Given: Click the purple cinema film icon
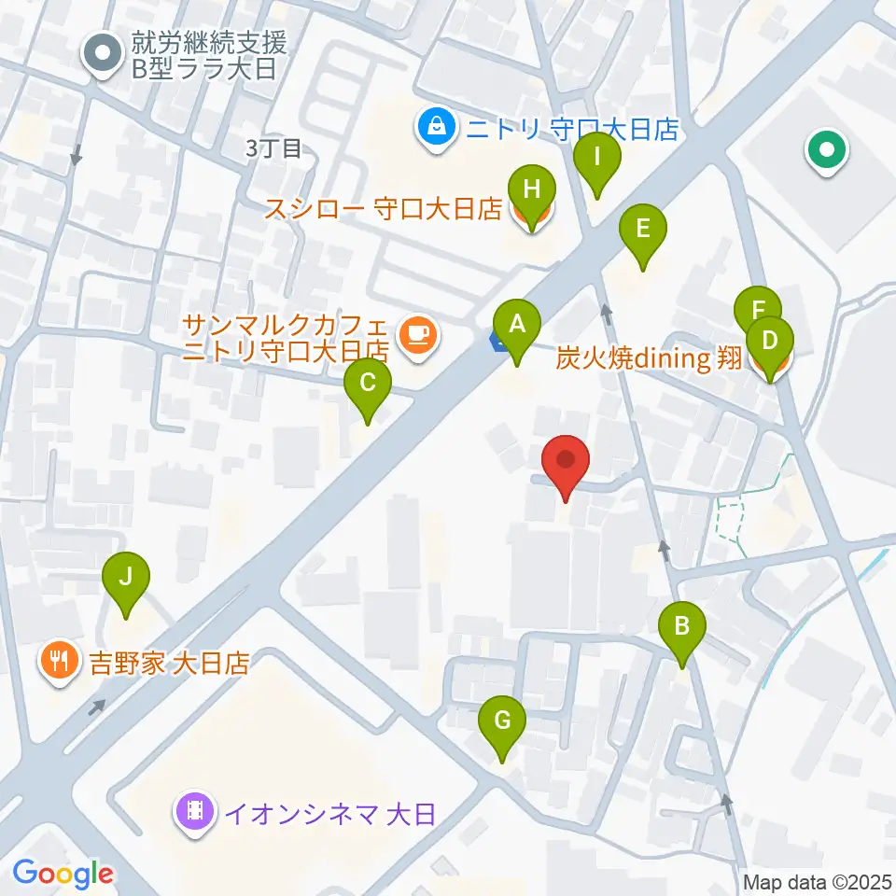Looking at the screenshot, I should [x=193, y=813].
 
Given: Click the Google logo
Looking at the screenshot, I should [x=63, y=874].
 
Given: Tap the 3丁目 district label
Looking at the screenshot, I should [x=273, y=148].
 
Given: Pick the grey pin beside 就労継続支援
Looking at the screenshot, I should [x=104, y=53].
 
